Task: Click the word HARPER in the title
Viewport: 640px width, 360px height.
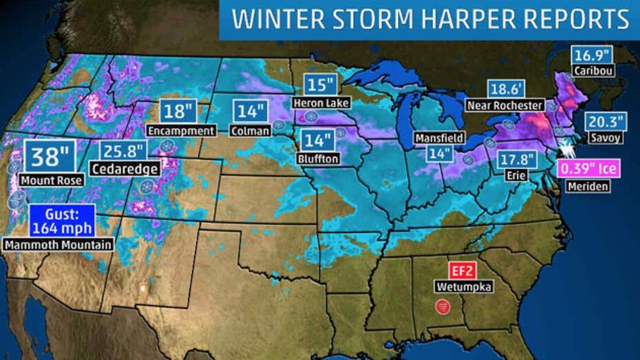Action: tap(468, 20)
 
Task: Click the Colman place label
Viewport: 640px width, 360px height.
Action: tap(249, 131)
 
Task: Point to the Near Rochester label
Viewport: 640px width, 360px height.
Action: tap(505, 105)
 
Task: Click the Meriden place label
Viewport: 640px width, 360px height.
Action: tap(588, 186)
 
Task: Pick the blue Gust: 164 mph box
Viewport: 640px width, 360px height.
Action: tap(61, 221)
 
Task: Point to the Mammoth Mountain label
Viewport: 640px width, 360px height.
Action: tap(57, 245)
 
